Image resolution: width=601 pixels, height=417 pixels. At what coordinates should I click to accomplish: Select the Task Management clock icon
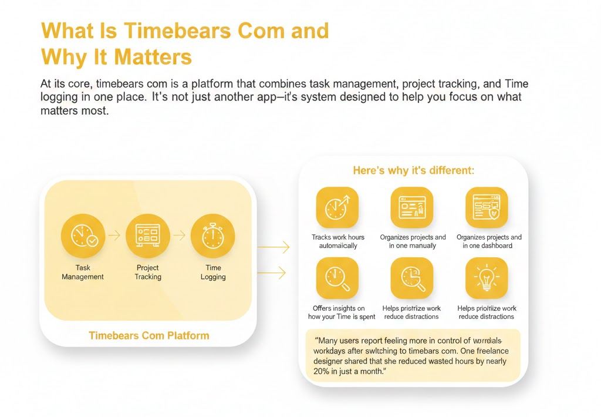(x=83, y=236)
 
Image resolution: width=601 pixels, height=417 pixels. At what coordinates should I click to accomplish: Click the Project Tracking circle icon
(x=148, y=236)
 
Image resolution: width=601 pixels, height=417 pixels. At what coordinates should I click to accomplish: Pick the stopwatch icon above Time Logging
(x=212, y=236)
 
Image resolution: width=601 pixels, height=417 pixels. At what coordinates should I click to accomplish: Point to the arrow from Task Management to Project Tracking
(x=114, y=236)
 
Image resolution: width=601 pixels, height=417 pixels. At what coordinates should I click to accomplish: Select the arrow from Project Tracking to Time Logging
(x=180, y=236)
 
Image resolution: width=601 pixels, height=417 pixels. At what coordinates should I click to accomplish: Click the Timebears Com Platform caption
(x=148, y=336)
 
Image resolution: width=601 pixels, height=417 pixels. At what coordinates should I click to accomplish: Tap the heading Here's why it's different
(x=413, y=170)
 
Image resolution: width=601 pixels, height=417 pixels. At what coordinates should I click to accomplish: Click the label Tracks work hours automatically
(x=337, y=241)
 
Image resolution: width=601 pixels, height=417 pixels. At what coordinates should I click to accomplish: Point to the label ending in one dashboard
(x=488, y=241)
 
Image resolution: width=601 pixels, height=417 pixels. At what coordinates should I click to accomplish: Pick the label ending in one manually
(x=413, y=241)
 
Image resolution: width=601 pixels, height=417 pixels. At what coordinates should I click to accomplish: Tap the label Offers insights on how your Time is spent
(x=337, y=312)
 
